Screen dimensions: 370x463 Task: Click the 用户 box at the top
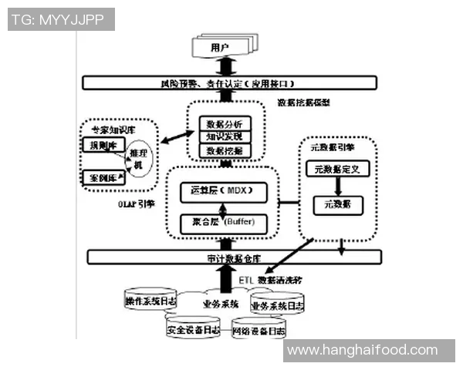tap(221, 48)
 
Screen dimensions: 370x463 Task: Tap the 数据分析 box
tap(225, 123)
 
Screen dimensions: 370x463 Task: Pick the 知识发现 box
tap(225, 136)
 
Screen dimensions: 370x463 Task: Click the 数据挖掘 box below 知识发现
tap(225, 150)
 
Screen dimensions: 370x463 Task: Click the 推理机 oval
tap(140, 160)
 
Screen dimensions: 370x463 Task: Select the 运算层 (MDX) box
tap(221, 190)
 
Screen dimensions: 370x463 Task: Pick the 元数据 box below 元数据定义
tap(337, 204)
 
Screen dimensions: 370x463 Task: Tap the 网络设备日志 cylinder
tap(259, 331)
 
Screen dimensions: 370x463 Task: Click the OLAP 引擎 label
tap(138, 204)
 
